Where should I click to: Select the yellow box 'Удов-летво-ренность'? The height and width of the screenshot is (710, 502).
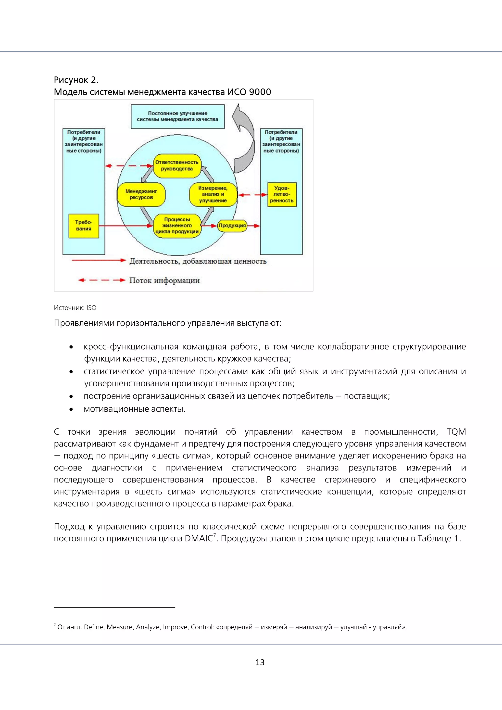pos(282,194)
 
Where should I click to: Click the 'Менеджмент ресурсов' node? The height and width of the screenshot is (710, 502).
pos(141,194)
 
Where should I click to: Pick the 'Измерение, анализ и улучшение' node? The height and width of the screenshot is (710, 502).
pos(213,194)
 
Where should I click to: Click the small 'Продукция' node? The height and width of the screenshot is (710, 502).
pos(232,226)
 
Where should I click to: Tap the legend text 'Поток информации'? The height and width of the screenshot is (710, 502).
pos(164,280)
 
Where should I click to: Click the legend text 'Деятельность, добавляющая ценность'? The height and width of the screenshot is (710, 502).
pos(198,261)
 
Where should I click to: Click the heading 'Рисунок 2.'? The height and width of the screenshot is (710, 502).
pos(76,80)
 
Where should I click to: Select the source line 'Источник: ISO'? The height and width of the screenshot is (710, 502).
pos(75,308)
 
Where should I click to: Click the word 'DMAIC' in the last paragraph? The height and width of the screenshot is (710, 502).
pos(199,538)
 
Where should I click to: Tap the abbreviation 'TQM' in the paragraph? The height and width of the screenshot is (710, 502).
pos(456,432)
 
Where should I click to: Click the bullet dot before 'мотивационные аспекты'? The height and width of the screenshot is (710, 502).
pos(71,409)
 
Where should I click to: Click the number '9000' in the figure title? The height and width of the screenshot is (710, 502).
pos(260,92)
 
